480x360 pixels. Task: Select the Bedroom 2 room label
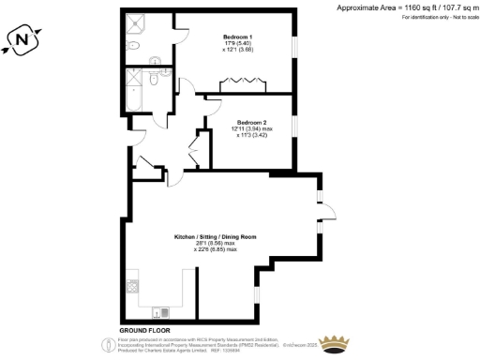click(252, 123)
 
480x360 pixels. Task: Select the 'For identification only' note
click(422, 18)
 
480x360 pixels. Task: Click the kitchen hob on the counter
click(131, 283)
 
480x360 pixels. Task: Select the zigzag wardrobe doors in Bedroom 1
click(242, 87)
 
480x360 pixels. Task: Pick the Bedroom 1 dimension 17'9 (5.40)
click(237, 43)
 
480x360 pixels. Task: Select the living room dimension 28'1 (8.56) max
click(216, 243)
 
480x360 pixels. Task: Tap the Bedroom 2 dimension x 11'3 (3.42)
click(252, 136)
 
